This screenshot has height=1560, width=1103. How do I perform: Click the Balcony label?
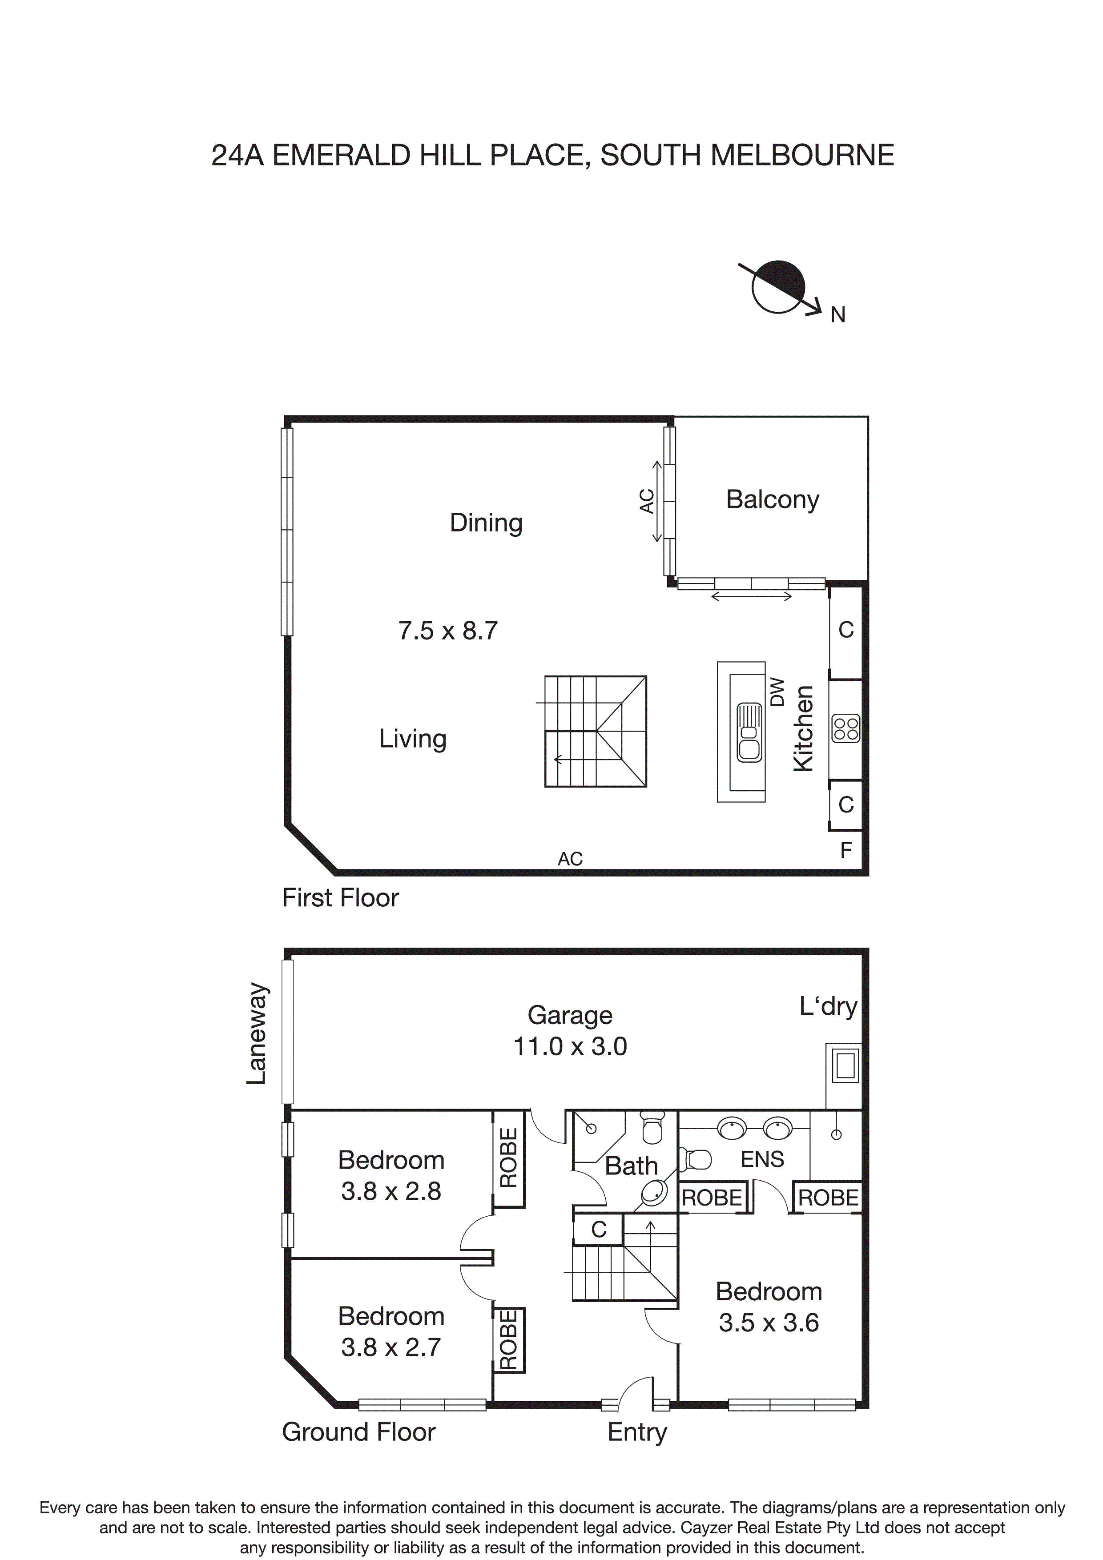pyautogui.click(x=772, y=499)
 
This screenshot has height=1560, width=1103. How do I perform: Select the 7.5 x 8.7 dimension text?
pyautogui.click(x=448, y=631)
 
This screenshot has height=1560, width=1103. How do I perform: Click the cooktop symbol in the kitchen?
pyautogui.click(x=846, y=729)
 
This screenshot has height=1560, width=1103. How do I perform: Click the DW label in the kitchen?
pyautogui.click(x=777, y=692)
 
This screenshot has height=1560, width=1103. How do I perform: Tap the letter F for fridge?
pyautogui.click(x=845, y=850)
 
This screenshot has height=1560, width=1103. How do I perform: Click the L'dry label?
pyautogui.click(x=828, y=1006)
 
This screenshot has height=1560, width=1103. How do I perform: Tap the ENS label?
pyautogui.click(x=762, y=1159)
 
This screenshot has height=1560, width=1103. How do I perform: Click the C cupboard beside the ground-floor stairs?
pyautogui.click(x=598, y=1229)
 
